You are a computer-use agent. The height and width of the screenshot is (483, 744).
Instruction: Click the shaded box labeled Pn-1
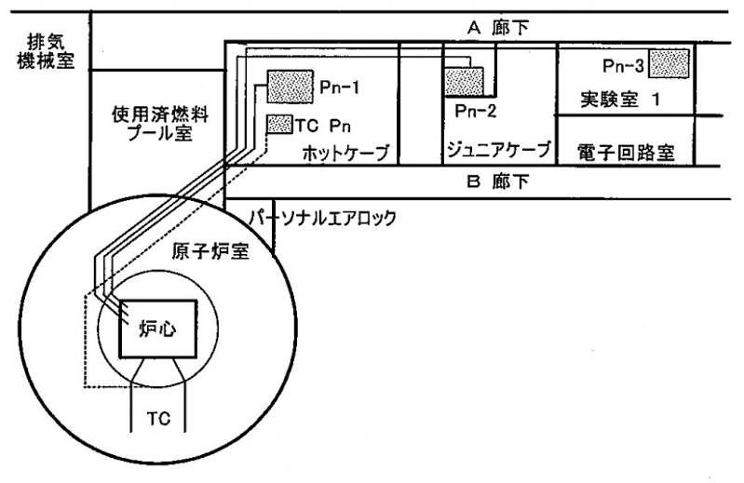pos(290,87)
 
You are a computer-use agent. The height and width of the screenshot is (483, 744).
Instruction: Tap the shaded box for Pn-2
pos(464,82)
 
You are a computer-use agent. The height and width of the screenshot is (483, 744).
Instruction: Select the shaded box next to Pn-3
pos(669,63)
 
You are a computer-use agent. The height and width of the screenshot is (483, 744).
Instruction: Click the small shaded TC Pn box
pos(279,124)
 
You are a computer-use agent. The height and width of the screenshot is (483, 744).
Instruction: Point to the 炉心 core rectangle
pos(157,329)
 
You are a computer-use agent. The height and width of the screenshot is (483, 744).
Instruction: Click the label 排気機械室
pos(46,52)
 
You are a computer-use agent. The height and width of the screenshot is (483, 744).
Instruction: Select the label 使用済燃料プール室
pos(160,124)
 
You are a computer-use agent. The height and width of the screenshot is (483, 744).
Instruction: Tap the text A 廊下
pos(498,28)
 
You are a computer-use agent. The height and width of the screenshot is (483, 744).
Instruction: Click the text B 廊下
pos(498,181)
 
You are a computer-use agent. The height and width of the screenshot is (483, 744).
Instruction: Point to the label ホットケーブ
pos(345,153)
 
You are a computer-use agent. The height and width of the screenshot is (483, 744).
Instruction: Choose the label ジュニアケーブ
pos(499,149)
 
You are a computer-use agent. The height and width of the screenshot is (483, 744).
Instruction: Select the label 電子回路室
pos(626,153)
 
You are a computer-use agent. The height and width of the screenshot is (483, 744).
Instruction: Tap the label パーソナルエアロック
pos(322,218)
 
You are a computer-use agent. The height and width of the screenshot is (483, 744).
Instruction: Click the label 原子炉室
pos(210,251)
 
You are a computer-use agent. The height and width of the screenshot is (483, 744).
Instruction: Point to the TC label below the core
pos(158,419)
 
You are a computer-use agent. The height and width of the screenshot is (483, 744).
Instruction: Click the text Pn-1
pos(339,87)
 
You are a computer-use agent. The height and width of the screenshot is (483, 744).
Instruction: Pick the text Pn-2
pos(475,111)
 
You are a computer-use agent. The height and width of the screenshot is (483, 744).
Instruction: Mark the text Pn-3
pos(624,66)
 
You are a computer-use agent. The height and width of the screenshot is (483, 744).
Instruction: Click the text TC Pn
pos(323,126)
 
